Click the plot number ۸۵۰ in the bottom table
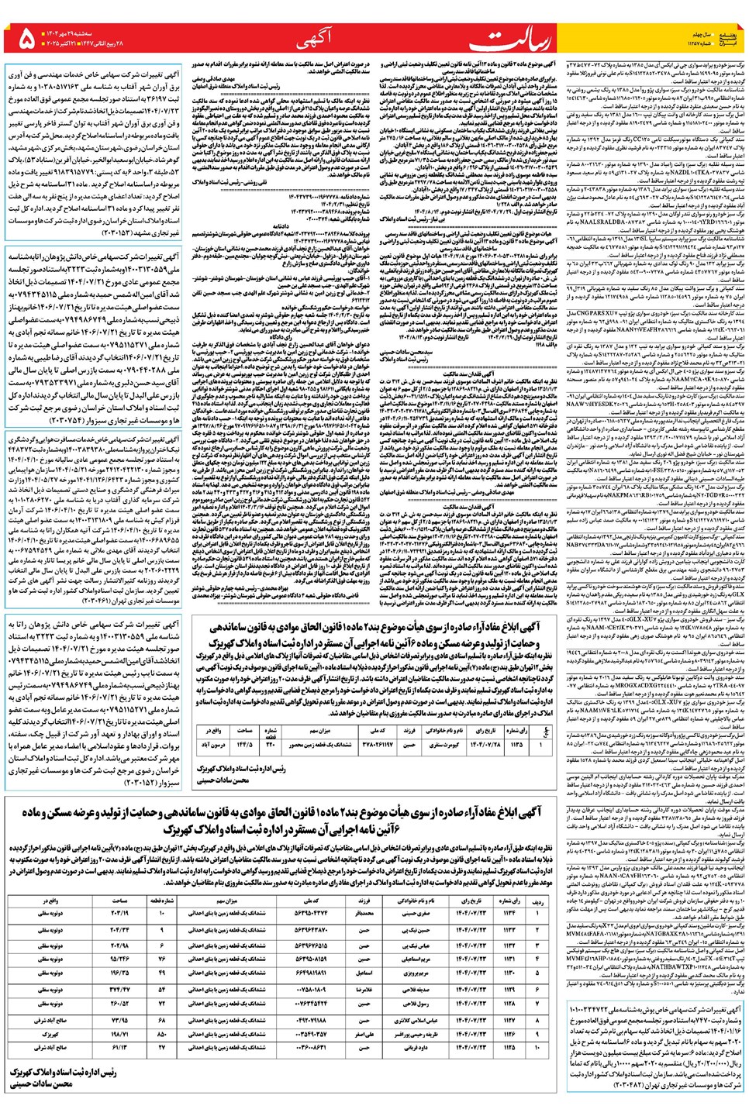point(161,1033)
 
